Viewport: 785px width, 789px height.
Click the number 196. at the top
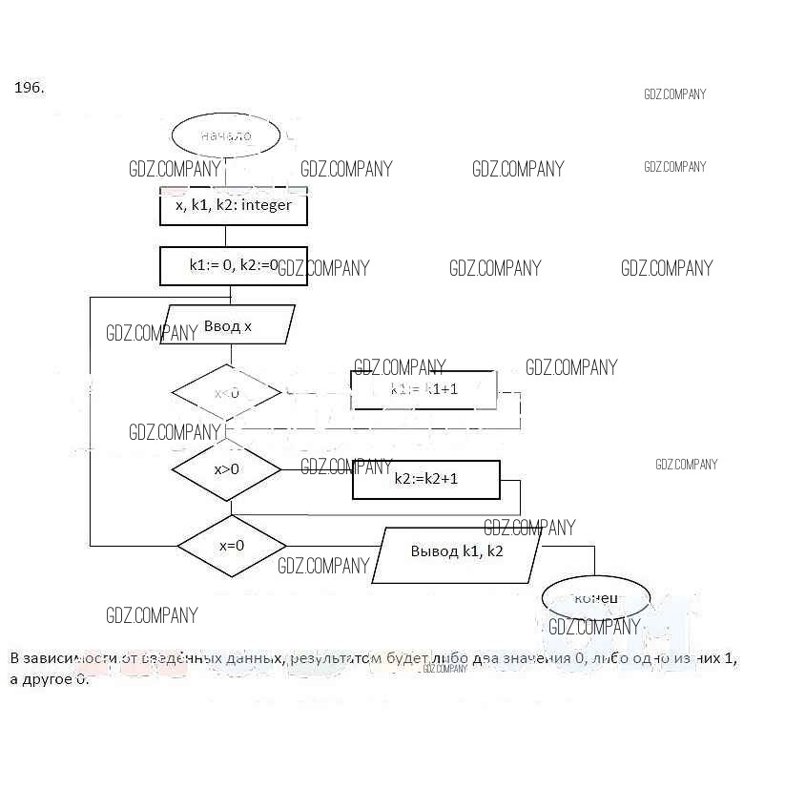pos(29,88)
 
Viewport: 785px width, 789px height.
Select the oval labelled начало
pos(226,135)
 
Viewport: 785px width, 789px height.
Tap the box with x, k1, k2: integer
pos(233,205)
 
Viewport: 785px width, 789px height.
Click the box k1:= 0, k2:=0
pos(233,266)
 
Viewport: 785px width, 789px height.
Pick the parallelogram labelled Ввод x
pos(228,325)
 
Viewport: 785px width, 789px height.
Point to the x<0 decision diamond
pos(226,392)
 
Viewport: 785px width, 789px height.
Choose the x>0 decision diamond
pos(226,468)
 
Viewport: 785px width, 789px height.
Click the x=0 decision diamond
pos(232,546)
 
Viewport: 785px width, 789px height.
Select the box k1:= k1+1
pos(424,389)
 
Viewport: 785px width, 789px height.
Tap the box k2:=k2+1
pos(426,478)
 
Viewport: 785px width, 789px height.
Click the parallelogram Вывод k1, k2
pos(457,552)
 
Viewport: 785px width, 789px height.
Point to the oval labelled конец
pos(596,598)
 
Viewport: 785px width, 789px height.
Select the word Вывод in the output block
pos(435,551)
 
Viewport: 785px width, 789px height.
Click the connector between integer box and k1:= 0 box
pos(226,237)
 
